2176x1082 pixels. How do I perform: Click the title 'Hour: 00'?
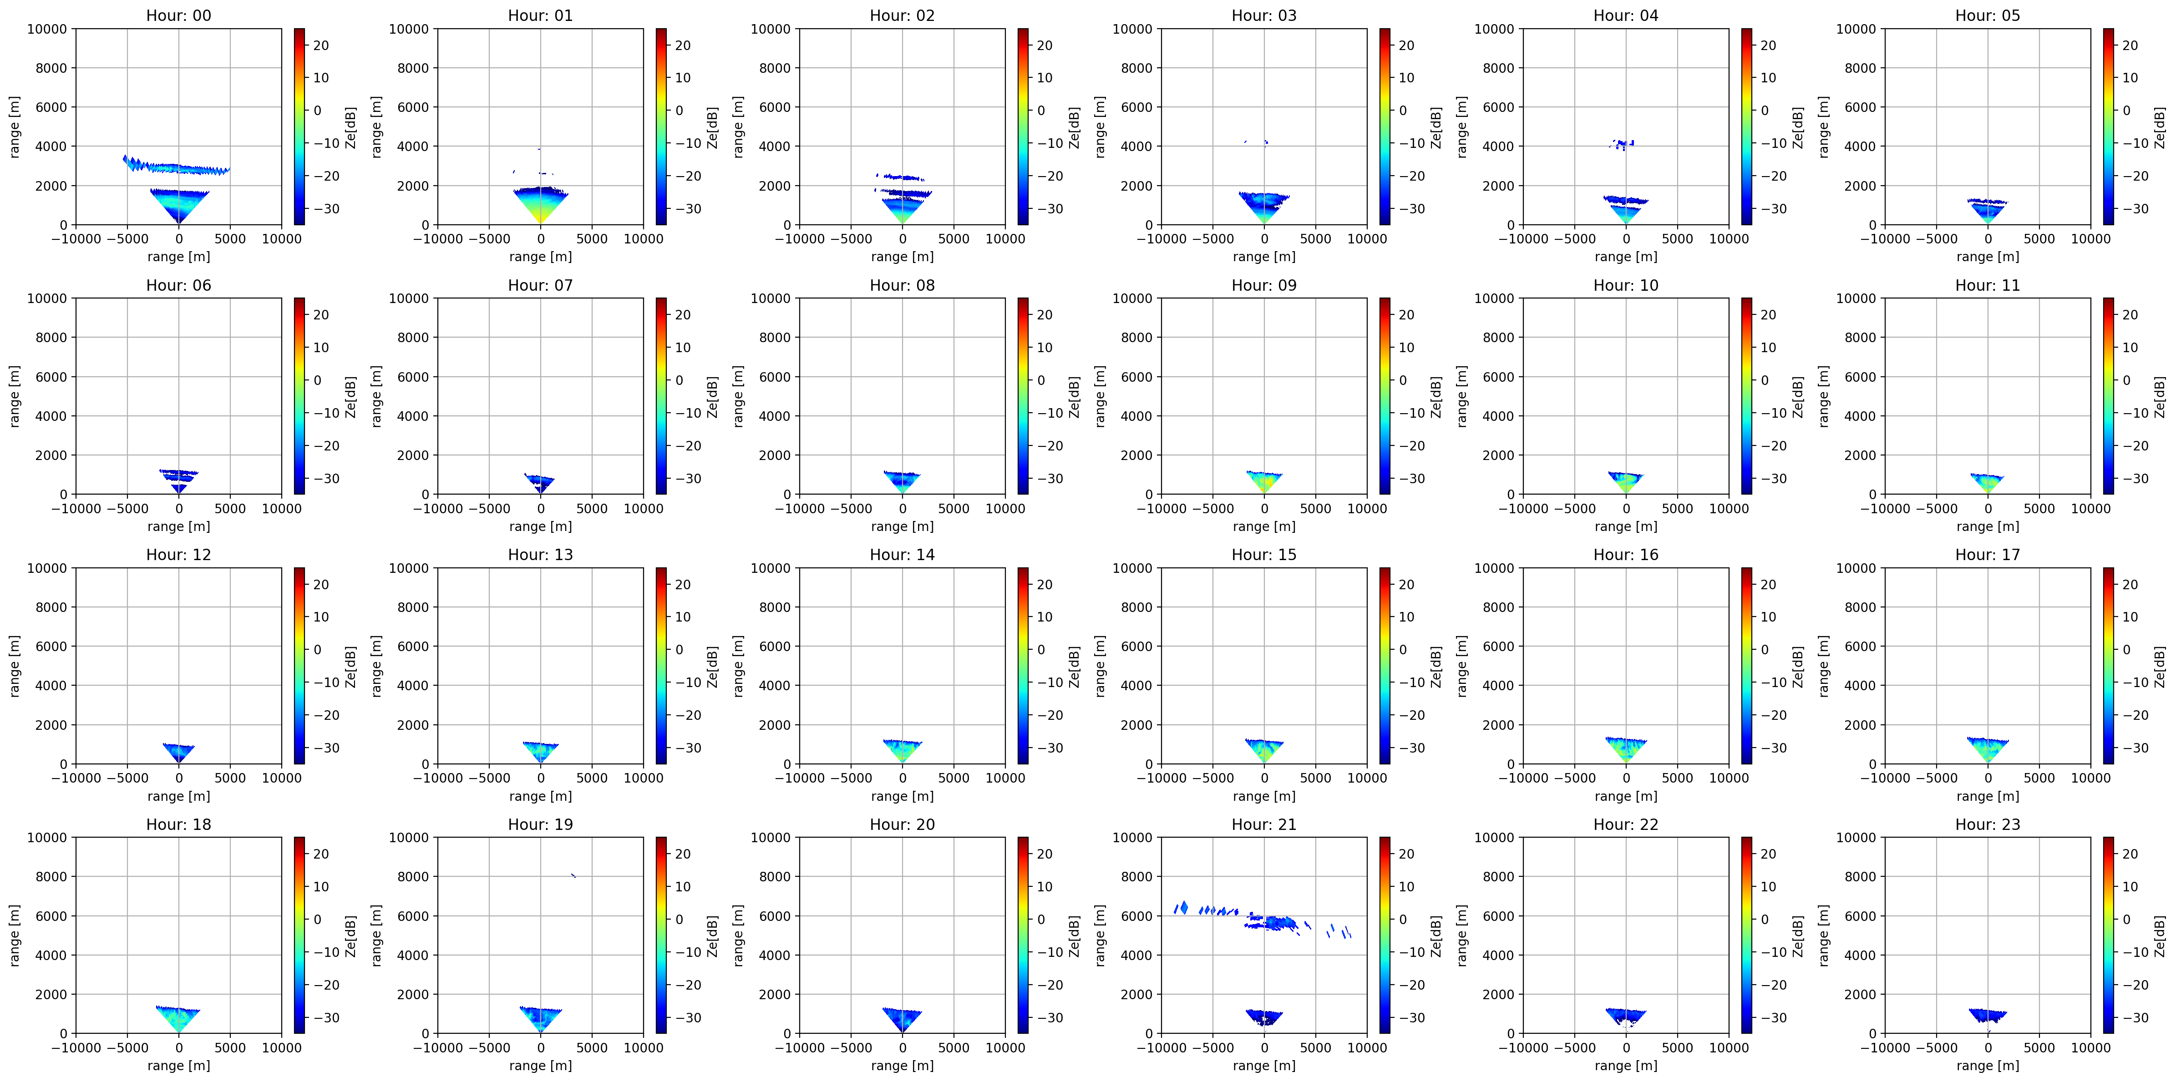[x=178, y=15]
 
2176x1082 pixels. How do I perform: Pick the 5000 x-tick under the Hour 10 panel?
[x=1678, y=509]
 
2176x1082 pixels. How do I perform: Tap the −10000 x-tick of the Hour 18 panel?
[x=76, y=1047]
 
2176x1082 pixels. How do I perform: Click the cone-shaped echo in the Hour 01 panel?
[x=541, y=203]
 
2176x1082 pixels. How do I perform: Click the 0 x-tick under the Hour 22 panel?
[x=1626, y=1047]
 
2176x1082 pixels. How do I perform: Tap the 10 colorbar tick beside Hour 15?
[x=1406, y=617]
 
